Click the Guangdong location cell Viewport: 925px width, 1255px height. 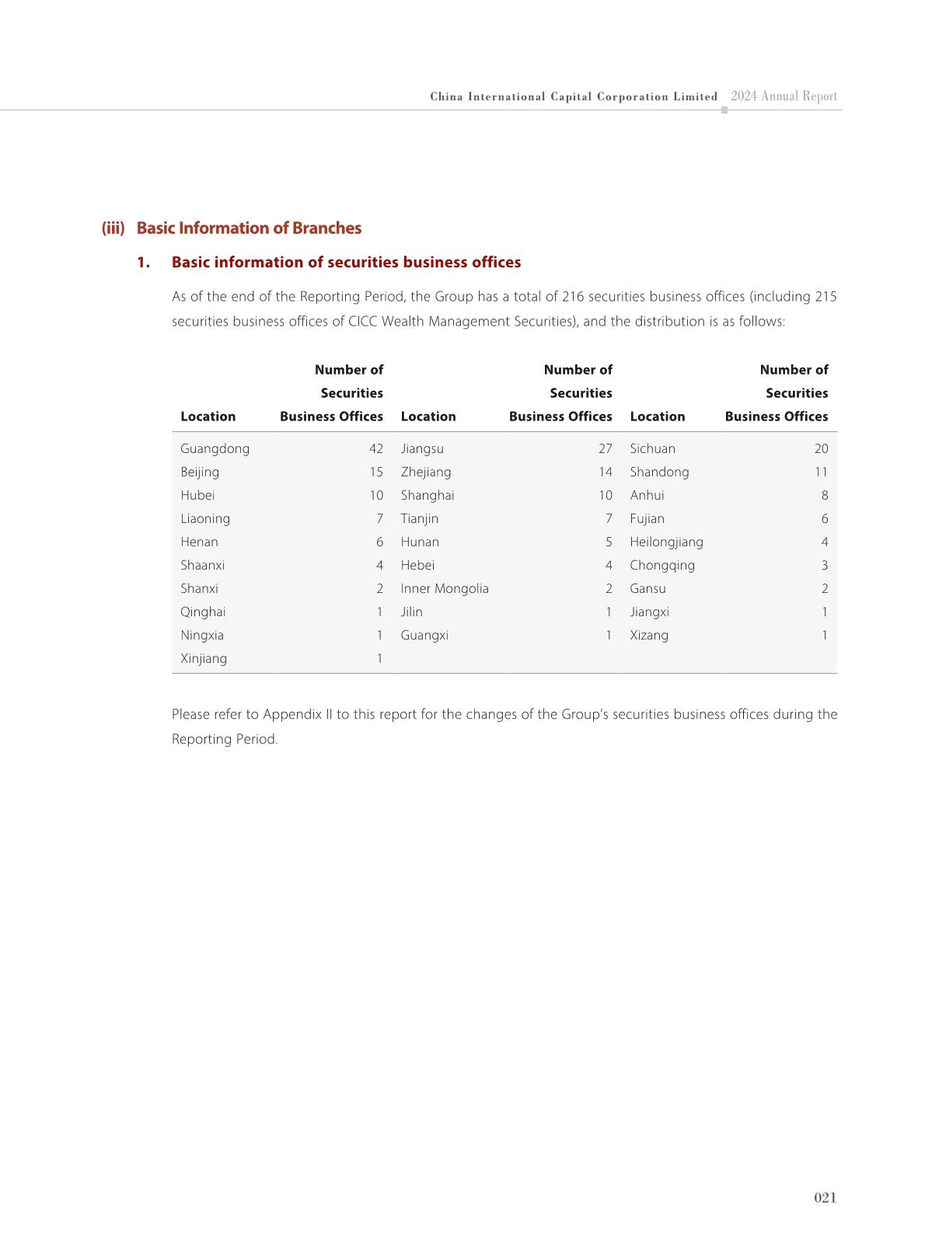point(215,448)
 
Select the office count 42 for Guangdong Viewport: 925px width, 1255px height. point(376,448)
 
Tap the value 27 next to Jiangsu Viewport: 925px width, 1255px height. point(606,448)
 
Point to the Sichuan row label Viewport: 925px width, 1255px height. point(652,448)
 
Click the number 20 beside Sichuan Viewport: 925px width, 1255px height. point(821,448)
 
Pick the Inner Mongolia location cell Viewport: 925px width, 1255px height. point(445,588)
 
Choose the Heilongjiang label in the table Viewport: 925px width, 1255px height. point(666,542)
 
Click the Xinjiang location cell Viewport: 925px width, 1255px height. point(204,658)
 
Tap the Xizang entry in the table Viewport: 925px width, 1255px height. point(649,635)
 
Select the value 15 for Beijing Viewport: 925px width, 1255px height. point(376,472)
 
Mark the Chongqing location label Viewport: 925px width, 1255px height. point(662,565)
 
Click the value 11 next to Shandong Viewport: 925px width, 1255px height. point(821,472)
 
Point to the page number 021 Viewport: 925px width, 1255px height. point(825,1197)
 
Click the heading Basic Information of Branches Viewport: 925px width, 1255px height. point(249,228)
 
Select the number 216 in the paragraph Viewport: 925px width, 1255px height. point(572,296)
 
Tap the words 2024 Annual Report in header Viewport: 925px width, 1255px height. point(784,96)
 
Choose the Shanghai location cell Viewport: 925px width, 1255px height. point(428,495)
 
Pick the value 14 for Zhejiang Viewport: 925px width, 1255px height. point(606,472)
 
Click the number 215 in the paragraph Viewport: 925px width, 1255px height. point(826,296)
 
